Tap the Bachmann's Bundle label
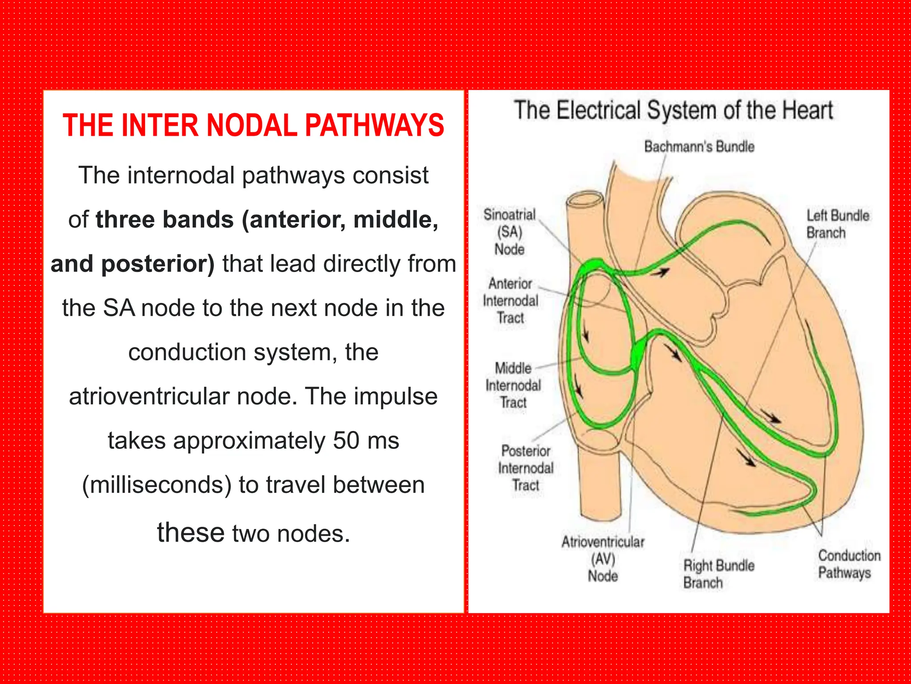click(x=699, y=147)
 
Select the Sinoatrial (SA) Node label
click(x=510, y=232)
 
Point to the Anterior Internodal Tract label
click(x=511, y=301)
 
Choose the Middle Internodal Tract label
click(x=513, y=385)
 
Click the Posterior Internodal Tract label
click(x=526, y=468)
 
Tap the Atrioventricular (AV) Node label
click(x=603, y=559)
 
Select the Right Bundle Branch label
click(x=718, y=574)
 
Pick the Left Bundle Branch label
click(x=837, y=224)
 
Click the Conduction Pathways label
click(x=849, y=564)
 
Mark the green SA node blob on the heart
click(x=592, y=266)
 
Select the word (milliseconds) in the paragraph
click(x=157, y=485)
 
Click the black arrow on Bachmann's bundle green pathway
click(x=663, y=272)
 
